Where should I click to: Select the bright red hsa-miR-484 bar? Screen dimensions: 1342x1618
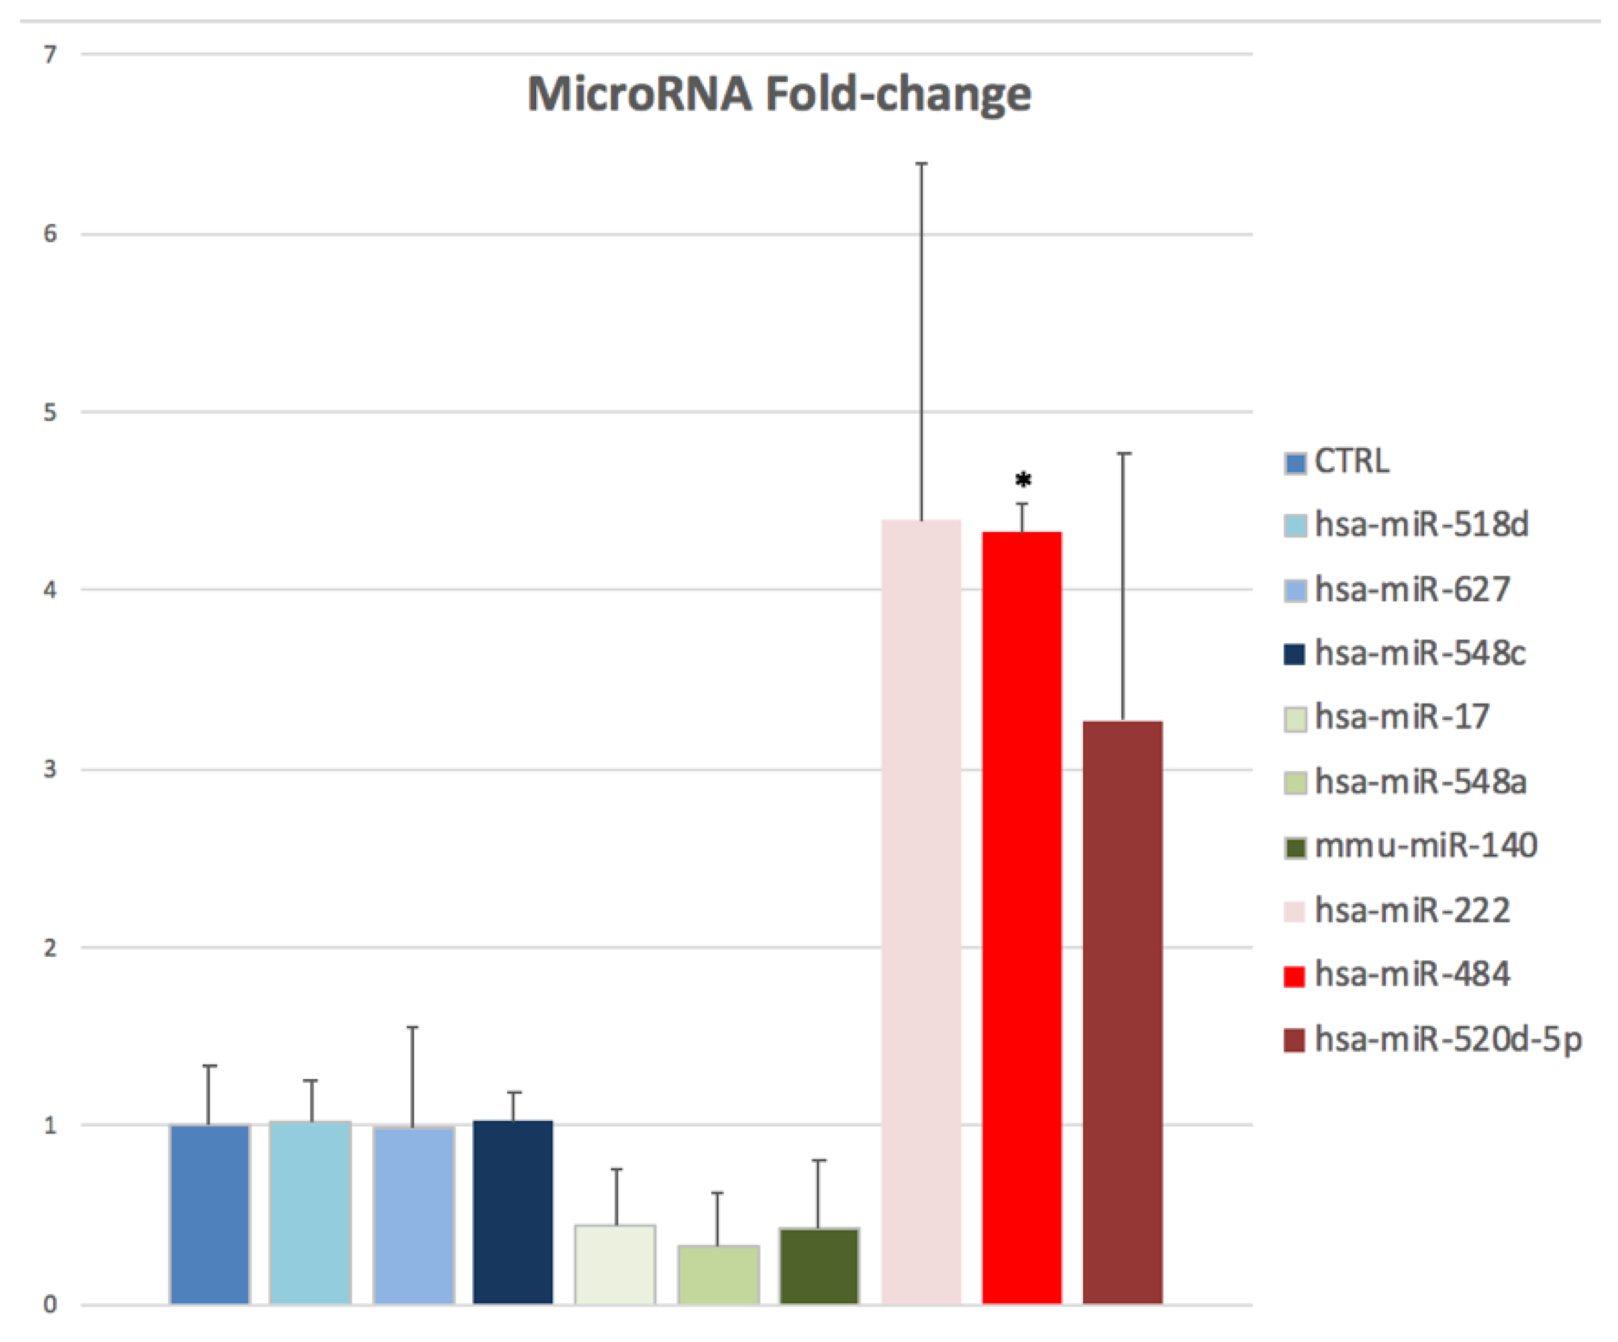pyautogui.click(x=1021, y=917)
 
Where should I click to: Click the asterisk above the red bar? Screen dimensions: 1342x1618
pyautogui.click(x=1023, y=480)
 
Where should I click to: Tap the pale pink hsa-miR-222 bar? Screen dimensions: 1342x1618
pyautogui.click(x=921, y=909)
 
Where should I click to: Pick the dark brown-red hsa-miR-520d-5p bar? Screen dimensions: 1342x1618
pyautogui.click(x=1123, y=1009)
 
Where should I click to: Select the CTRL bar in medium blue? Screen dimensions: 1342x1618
pyautogui.click(x=209, y=1213)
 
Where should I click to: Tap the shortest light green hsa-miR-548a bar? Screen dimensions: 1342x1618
pyautogui.click(x=718, y=1274)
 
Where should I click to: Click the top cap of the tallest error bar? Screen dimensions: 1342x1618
pyautogui.click(x=921, y=163)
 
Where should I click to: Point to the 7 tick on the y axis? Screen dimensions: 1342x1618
pyautogui.click(x=50, y=55)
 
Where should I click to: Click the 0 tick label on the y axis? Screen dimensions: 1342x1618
pyautogui.click(x=50, y=1304)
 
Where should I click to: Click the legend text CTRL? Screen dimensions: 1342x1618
pyautogui.click(x=1352, y=462)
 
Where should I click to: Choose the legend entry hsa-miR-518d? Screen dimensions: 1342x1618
pyautogui.click(x=1421, y=525)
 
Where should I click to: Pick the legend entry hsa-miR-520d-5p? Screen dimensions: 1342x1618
pyautogui.click(x=1447, y=1039)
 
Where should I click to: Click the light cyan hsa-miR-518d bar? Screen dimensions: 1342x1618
pyautogui.click(x=311, y=1211)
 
